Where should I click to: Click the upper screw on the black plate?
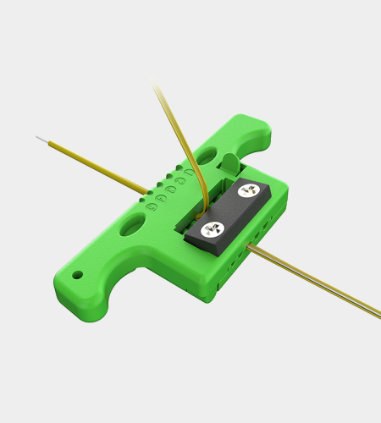coord(247,192)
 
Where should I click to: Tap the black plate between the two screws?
coord(231,211)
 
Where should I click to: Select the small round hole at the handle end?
coord(78,275)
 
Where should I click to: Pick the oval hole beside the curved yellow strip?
coord(203,157)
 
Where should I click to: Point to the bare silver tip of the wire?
coord(41,138)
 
